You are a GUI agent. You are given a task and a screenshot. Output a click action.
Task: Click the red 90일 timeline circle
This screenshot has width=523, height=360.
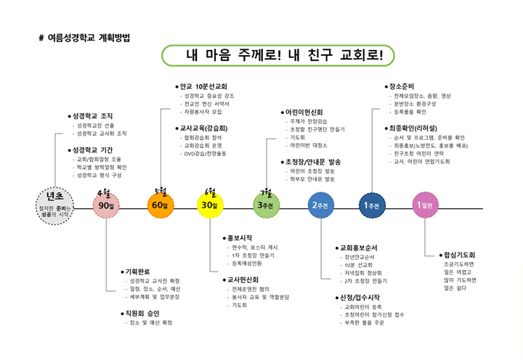coord(108,205)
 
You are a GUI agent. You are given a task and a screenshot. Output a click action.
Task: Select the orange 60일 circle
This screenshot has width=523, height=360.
coord(160,205)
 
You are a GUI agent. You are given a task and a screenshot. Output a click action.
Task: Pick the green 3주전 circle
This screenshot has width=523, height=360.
coord(266,205)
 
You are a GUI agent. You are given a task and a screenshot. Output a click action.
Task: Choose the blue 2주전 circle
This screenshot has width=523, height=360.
coord(320,205)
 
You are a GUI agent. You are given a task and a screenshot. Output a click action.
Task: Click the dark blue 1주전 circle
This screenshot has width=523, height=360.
coord(372,205)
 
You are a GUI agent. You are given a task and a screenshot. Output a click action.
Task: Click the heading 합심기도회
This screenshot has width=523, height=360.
coord(459,255)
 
